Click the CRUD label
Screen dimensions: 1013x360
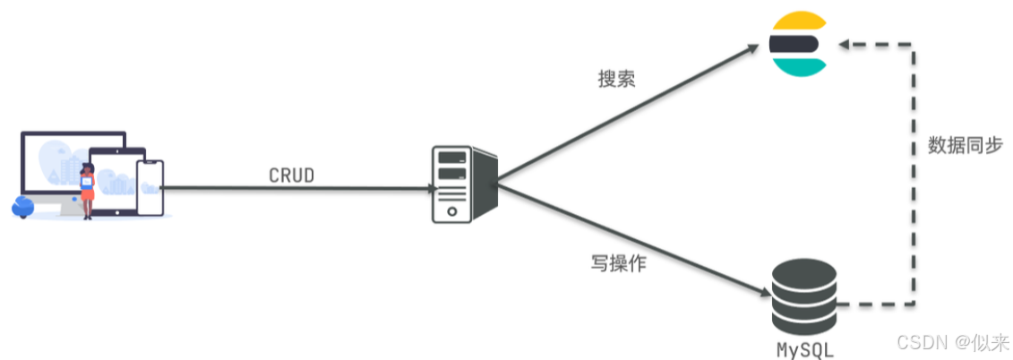tap(292, 176)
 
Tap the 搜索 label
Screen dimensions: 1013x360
tap(616, 79)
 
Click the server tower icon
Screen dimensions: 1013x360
tap(459, 185)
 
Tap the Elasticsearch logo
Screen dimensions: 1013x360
tap(796, 43)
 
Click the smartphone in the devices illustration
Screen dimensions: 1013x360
tap(150, 187)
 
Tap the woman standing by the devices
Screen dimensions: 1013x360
tap(88, 190)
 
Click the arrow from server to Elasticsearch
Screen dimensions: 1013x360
tap(627, 117)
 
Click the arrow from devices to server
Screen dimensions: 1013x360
tap(296, 189)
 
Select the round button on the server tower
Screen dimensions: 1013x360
tap(453, 211)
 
